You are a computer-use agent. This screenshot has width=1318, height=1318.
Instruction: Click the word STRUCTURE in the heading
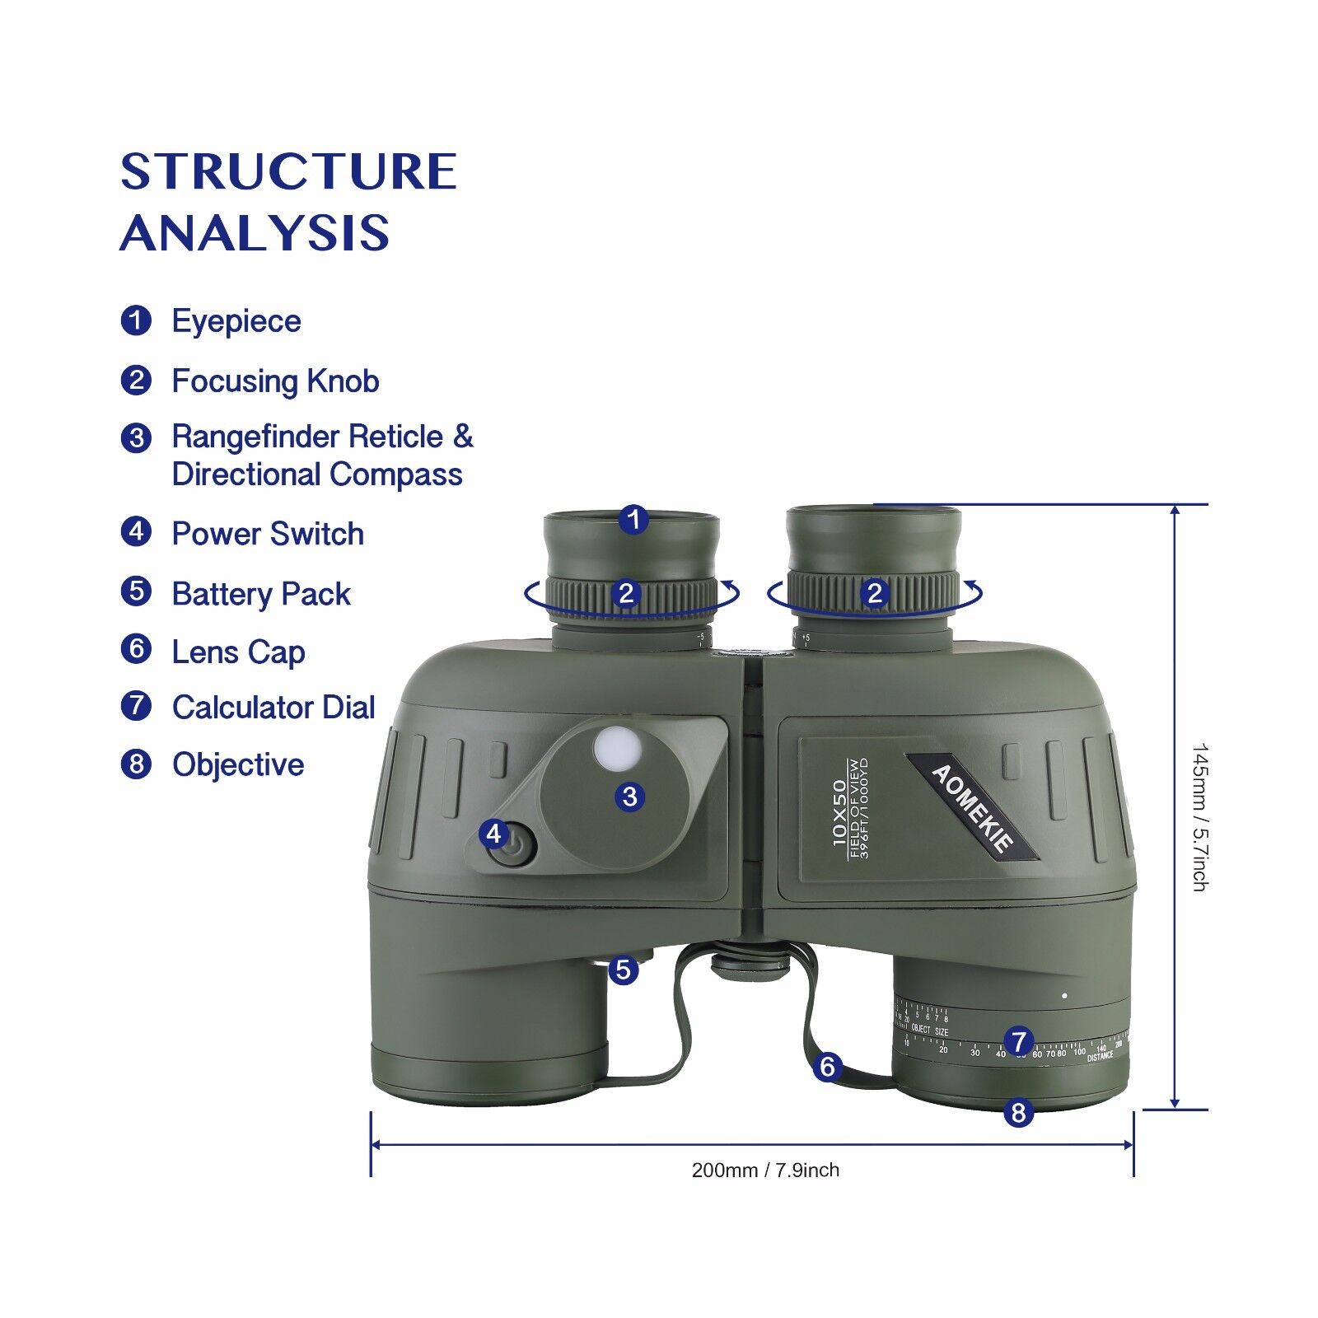[288, 171]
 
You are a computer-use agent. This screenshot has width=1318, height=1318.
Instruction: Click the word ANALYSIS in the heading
[255, 232]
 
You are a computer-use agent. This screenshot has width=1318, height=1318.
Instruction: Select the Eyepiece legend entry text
[236, 321]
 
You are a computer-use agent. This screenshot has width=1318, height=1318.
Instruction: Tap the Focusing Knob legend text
[275, 381]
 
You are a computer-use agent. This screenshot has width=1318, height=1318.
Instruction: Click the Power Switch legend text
[267, 534]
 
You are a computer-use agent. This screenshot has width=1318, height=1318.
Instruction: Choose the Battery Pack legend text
[260, 594]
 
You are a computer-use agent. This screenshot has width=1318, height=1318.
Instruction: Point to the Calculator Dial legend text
[273, 708]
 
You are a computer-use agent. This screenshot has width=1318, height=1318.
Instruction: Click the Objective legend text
[237, 765]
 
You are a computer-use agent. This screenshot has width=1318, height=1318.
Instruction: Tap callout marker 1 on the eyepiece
[633, 520]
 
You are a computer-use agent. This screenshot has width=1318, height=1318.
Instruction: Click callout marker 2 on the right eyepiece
[875, 593]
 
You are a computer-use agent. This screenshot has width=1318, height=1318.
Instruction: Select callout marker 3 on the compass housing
[630, 797]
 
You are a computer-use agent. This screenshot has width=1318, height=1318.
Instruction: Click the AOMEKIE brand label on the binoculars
[972, 807]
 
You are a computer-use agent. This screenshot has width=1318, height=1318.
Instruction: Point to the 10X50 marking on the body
[839, 812]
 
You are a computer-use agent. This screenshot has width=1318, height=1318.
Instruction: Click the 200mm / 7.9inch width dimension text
[765, 1171]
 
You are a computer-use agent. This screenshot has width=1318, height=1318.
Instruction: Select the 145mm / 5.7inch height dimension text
[1199, 817]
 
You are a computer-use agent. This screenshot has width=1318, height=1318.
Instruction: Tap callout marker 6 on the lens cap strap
[827, 1068]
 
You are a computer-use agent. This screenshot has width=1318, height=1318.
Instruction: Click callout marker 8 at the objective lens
[1018, 1113]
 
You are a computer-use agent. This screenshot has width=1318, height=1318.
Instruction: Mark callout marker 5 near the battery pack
[624, 970]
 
